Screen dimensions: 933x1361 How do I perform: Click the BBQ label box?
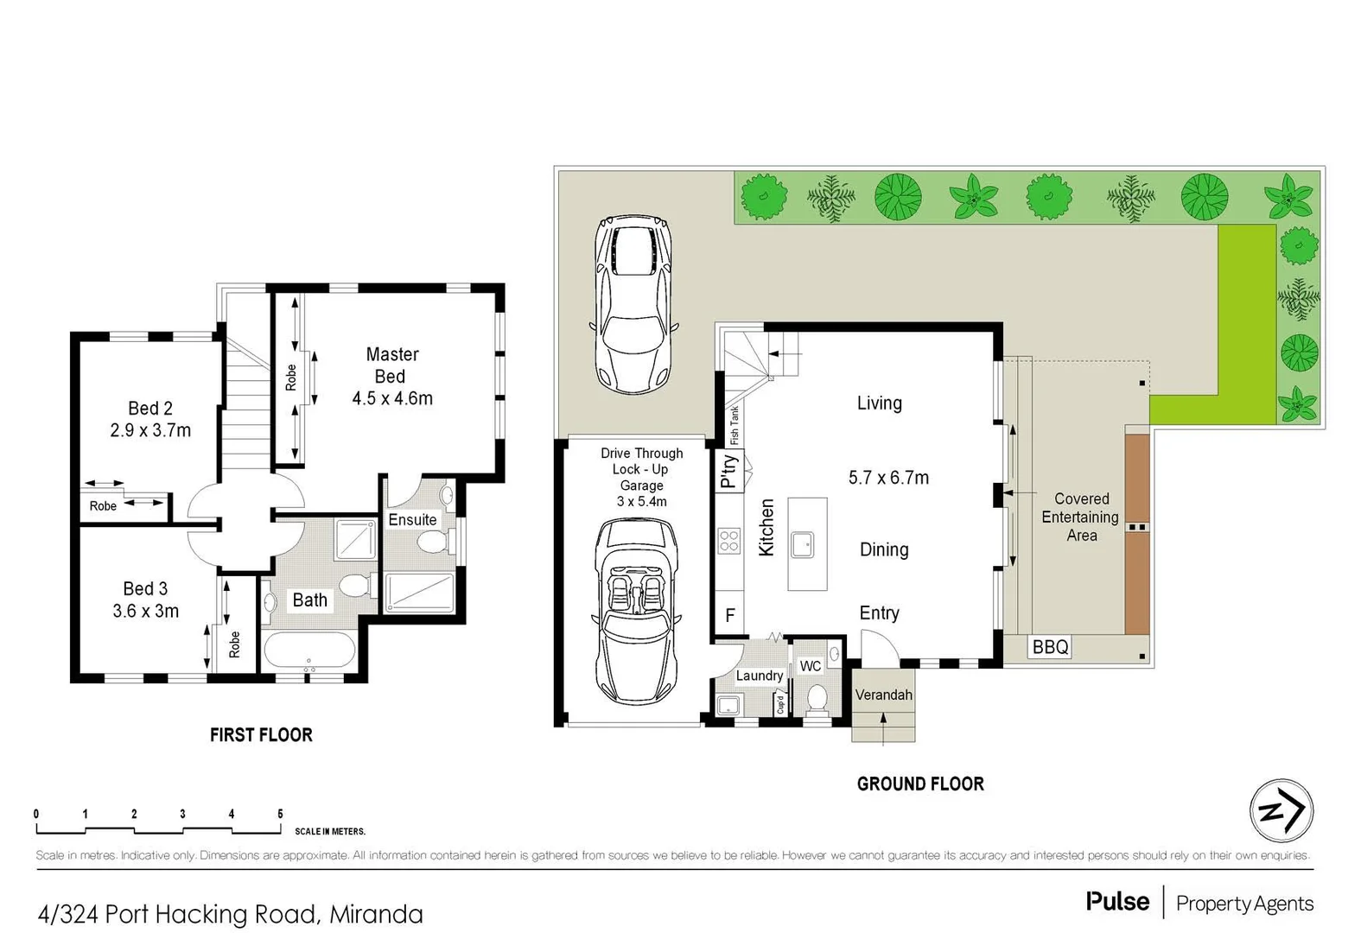[1050, 647]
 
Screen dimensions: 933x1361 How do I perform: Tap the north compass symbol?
[1281, 811]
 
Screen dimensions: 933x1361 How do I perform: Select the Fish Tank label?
[735, 423]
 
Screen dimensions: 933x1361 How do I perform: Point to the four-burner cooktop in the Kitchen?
[729, 541]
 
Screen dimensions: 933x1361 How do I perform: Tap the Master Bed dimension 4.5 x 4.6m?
[392, 399]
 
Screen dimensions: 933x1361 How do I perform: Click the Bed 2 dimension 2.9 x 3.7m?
[150, 430]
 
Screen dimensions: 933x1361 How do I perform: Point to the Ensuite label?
[412, 520]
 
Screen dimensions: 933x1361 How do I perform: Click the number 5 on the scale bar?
[280, 814]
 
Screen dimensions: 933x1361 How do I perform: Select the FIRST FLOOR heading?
[261, 735]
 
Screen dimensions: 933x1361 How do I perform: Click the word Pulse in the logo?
[1117, 902]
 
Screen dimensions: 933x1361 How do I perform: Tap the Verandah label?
[883, 695]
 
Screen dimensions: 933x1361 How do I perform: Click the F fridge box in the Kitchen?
[730, 616]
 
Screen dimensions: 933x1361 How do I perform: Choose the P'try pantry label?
[729, 472]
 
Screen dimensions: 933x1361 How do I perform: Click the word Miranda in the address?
[376, 914]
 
